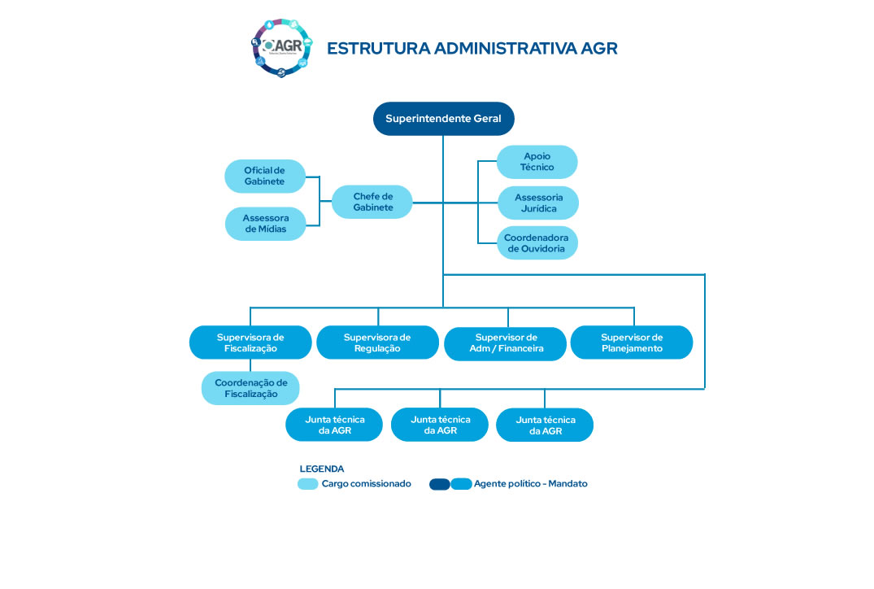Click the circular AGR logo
coord(280,47)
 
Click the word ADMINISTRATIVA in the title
coord(506,48)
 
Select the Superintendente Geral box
coord(444,119)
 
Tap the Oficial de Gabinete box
coord(265,177)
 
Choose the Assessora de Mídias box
coord(265,224)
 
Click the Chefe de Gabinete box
coord(372,202)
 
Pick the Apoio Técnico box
coord(537,162)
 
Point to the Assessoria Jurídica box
coord(538,203)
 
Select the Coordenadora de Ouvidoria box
coord(537,243)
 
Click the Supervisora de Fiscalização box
coord(250,342)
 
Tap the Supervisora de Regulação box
coord(377,342)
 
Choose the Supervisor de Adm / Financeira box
coord(505,343)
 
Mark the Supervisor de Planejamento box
coord(632,342)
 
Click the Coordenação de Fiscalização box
coord(250,388)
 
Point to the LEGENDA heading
coord(322,469)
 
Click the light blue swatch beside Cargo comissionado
coord(308,484)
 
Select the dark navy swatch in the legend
coord(440,484)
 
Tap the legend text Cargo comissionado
coord(366,484)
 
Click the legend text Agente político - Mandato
coord(530,484)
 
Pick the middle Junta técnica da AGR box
coord(440,425)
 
